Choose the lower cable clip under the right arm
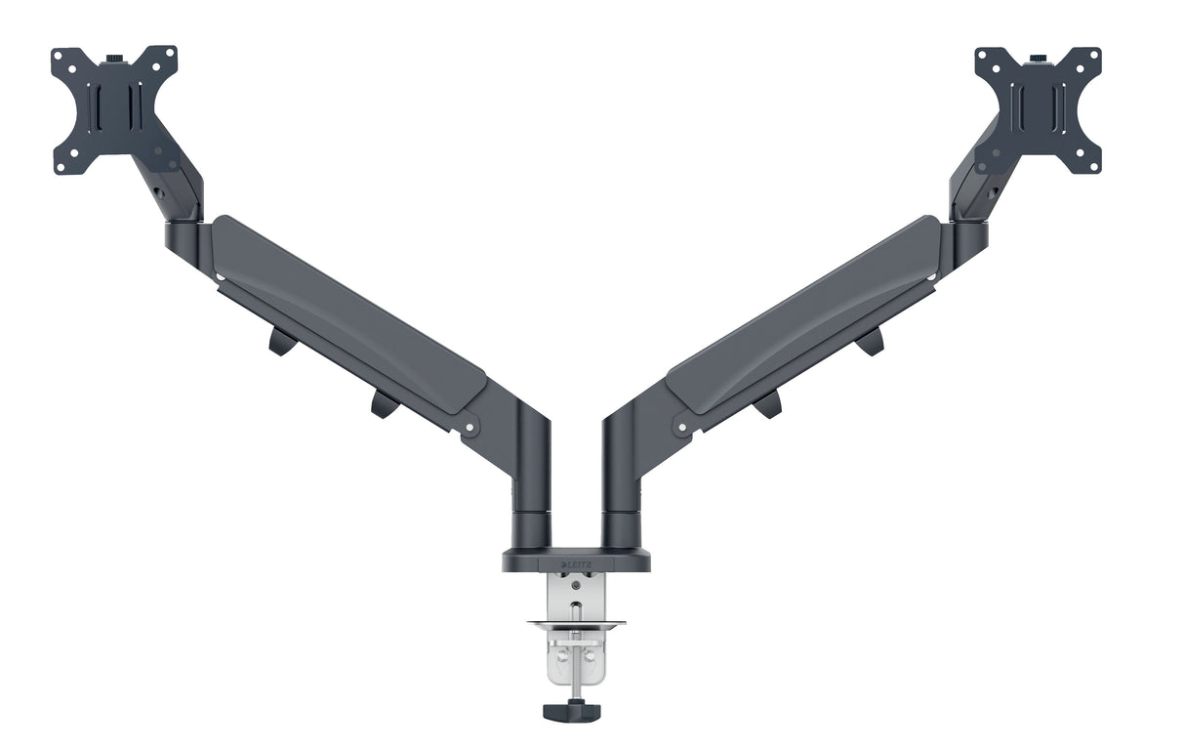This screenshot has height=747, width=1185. (x=768, y=403)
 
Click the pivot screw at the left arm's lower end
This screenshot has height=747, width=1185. (x=470, y=427)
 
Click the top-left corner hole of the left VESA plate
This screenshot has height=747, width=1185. (x=59, y=55)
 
